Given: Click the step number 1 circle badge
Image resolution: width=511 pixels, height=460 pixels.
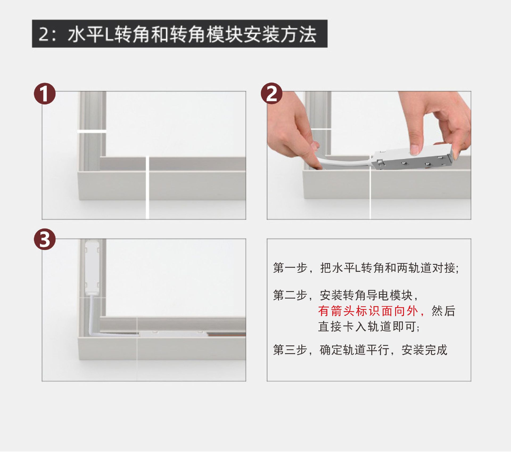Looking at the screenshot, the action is (x=45, y=93).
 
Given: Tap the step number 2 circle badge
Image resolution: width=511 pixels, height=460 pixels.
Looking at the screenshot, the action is (x=271, y=93).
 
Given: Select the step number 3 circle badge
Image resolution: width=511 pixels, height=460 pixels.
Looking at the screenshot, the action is (x=45, y=239).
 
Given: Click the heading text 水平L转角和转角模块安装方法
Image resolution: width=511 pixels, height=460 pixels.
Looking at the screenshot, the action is (x=192, y=34).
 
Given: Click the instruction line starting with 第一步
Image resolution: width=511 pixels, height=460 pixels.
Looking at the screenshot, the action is (x=366, y=268).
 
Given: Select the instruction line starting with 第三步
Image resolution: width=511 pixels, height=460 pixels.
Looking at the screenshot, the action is (x=360, y=350).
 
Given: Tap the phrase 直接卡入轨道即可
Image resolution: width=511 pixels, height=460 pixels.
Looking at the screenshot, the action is (x=369, y=326).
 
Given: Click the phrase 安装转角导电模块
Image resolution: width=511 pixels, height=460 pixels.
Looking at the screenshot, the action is (x=366, y=295).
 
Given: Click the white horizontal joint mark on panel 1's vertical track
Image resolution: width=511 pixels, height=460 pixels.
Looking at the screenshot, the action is (x=92, y=131).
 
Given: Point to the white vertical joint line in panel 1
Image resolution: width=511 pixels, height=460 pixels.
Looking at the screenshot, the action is (x=147, y=188).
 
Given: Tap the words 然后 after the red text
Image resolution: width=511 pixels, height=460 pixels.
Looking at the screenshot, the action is (x=443, y=311).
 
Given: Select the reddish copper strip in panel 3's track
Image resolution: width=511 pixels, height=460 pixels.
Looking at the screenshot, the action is (x=226, y=335).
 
